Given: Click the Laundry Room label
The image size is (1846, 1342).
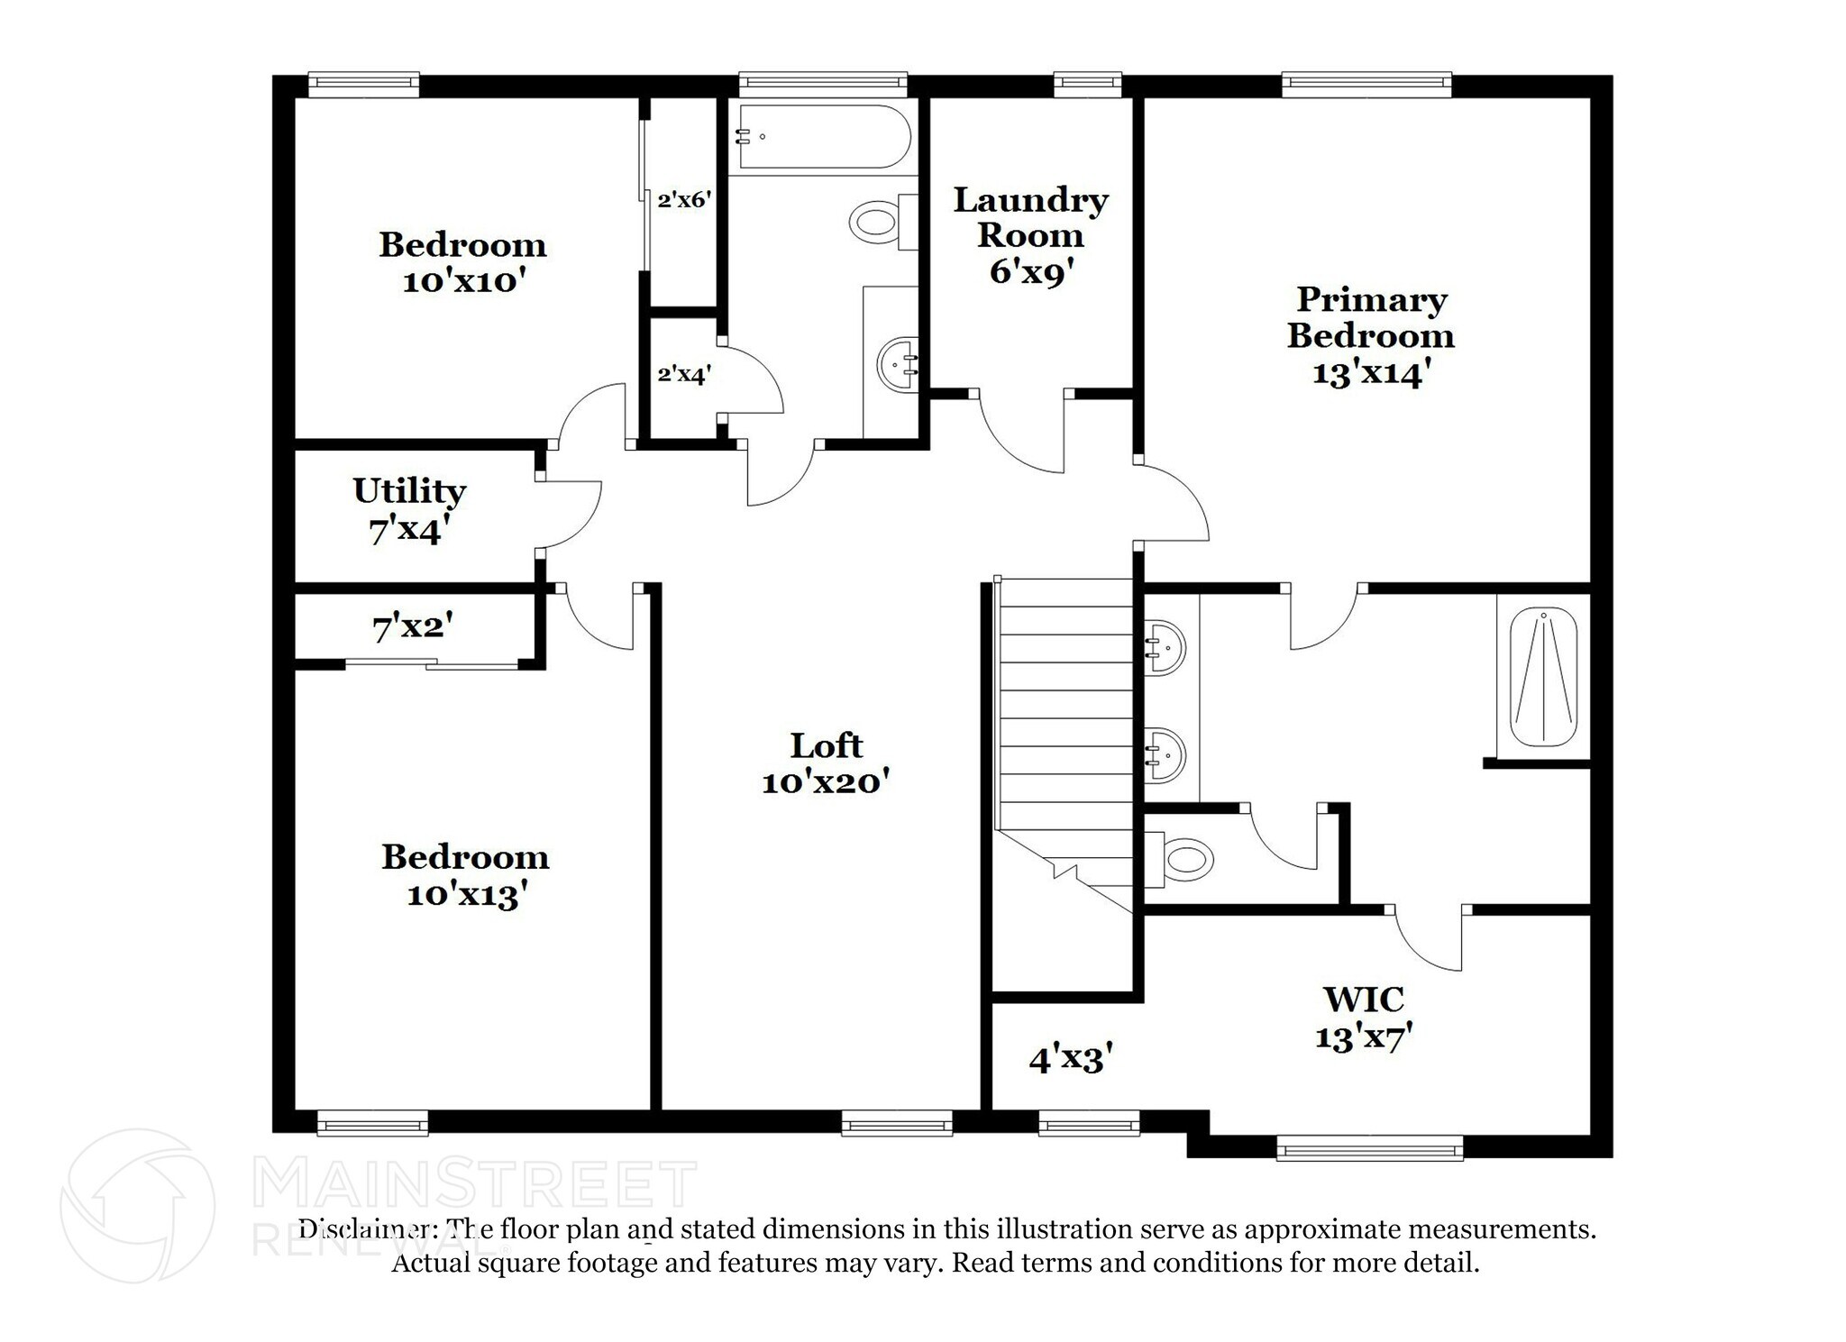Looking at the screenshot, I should (x=1030, y=216).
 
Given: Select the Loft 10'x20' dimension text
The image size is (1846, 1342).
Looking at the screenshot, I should (x=826, y=781).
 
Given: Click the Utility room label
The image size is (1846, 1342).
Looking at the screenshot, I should (x=409, y=491).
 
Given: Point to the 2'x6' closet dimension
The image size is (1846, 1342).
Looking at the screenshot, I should (x=684, y=200).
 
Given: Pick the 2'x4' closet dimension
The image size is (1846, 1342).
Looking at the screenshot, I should (x=684, y=373).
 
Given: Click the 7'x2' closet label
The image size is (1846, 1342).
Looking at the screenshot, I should (x=412, y=626).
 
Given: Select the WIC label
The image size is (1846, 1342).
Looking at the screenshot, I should (x=1363, y=999).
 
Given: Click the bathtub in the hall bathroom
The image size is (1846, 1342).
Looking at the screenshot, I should (x=824, y=137).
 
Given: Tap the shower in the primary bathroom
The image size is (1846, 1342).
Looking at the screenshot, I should (x=1543, y=677).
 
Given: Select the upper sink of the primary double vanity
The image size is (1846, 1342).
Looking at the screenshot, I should (x=1165, y=646).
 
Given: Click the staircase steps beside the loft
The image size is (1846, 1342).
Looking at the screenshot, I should (x=1065, y=703).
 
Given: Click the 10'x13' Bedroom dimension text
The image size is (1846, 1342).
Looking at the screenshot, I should (x=466, y=895).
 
